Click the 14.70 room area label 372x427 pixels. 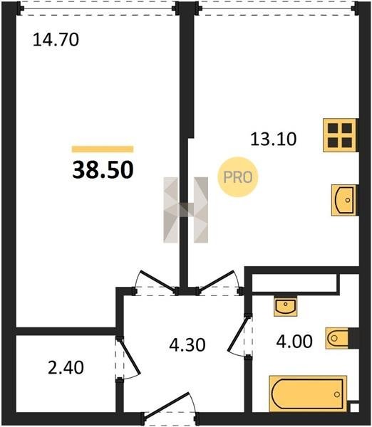click(x=56, y=39)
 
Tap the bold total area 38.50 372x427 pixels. click(x=103, y=169)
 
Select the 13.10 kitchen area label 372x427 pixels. click(x=273, y=139)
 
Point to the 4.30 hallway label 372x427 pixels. click(x=187, y=344)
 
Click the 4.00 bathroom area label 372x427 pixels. click(x=294, y=342)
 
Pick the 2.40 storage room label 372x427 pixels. click(x=66, y=367)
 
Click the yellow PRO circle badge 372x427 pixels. click(x=237, y=177)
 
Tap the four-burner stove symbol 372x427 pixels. click(x=340, y=135)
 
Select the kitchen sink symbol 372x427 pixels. click(x=344, y=201)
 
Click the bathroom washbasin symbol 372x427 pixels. click(x=286, y=306)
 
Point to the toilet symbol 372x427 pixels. click(x=337, y=338)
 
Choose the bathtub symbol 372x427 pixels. click(x=308, y=394)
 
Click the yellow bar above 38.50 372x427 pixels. click(x=103, y=149)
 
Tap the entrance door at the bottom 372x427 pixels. click(x=167, y=406)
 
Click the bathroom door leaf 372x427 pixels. click(x=237, y=333)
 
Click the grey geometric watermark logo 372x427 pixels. click(x=186, y=210)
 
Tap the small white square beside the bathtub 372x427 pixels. click(x=354, y=408)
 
